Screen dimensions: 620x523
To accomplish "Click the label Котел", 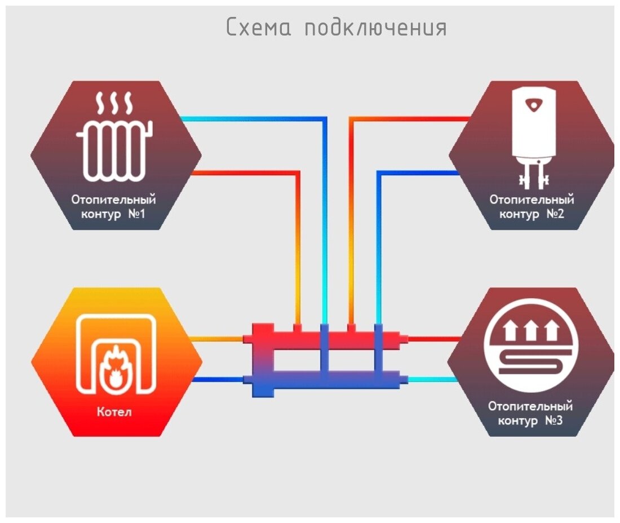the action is point(116,412).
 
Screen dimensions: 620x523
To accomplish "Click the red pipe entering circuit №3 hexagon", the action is point(434,339).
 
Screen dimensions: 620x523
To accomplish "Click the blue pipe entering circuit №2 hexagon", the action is point(428,173).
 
